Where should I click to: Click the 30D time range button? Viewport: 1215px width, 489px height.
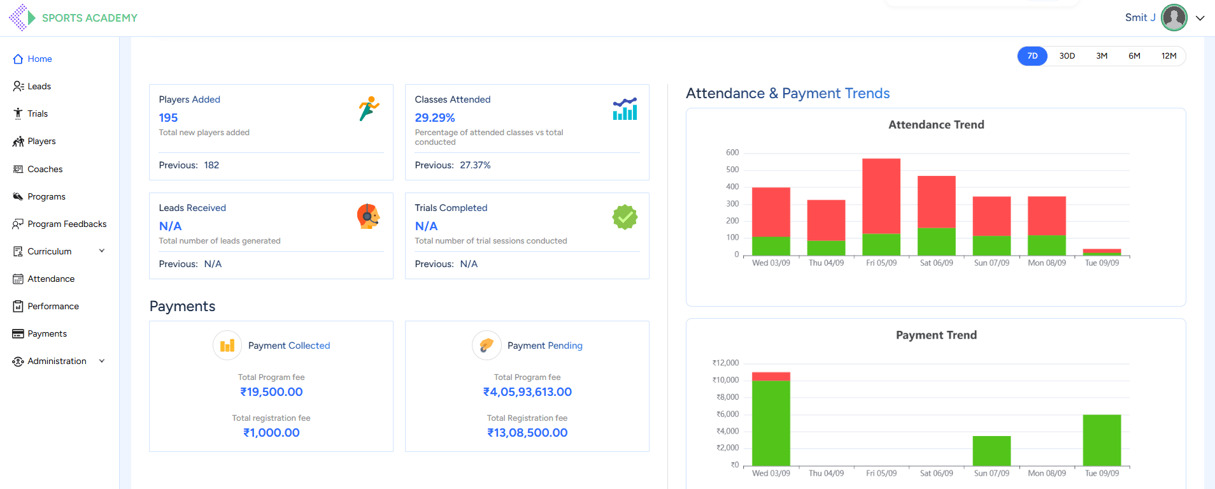[x=1067, y=56]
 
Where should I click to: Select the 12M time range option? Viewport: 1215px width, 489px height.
[x=1169, y=56]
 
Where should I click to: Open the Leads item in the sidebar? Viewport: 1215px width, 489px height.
[x=39, y=86]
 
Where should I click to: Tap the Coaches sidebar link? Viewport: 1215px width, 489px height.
[x=45, y=169]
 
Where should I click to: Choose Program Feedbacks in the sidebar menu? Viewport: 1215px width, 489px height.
[x=67, y=224]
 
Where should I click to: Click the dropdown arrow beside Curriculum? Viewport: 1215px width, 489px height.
[x=102, y=251]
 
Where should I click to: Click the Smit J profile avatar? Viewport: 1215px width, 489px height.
[x=1174, y=18]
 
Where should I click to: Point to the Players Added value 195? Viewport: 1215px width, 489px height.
[x=168, y=118]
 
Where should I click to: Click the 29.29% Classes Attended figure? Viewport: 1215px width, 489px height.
[x=435, y=118]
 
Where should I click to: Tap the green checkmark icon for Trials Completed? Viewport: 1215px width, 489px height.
[x=625, y=217]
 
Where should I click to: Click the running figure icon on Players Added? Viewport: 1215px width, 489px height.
[x=369, y=108]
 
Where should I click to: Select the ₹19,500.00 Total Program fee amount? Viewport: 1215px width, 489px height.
[x=271, y=392]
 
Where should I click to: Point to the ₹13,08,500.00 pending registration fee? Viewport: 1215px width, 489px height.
[x=527, y=433]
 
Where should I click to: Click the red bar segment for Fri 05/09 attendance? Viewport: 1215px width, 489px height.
[x=881, y=195]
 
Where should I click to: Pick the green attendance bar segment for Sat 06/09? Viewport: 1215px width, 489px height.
[x=937, y=242]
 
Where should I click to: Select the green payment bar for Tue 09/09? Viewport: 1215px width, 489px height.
[x=1102, y=440]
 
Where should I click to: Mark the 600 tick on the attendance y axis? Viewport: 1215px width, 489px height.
[x=732, y=153]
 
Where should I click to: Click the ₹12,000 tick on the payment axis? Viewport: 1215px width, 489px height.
[x=726, y=363]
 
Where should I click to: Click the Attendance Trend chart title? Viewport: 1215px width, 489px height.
[x=936, y=125]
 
